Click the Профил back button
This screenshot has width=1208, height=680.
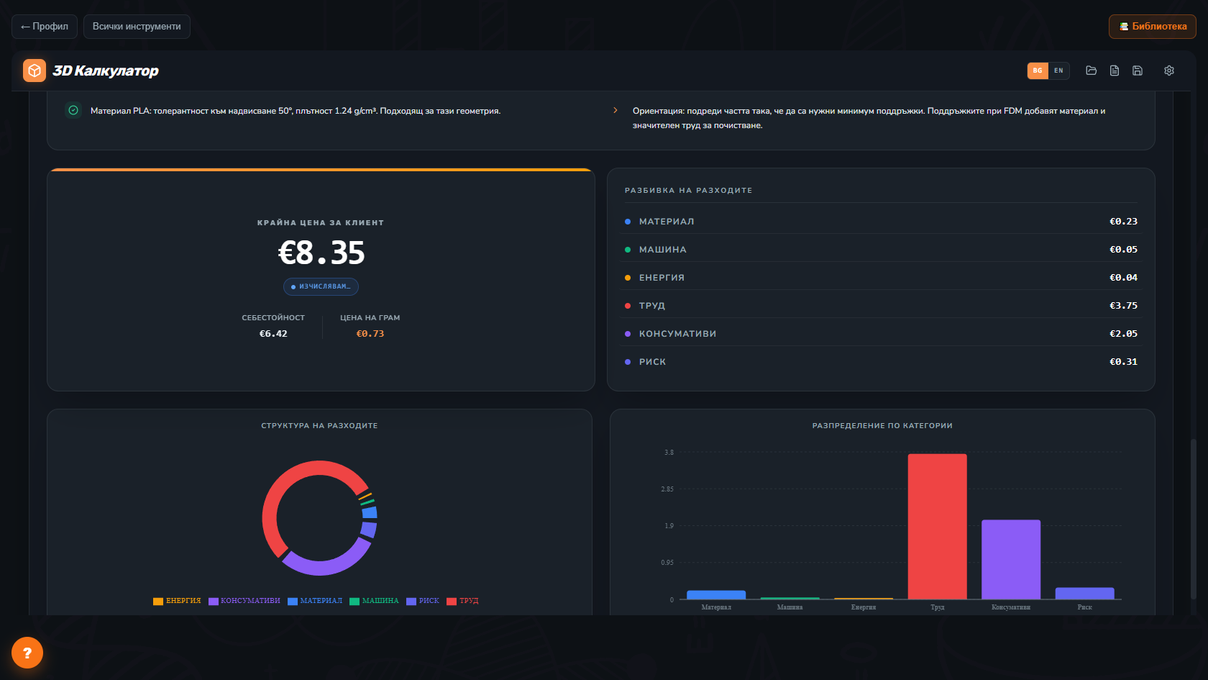pyautogui.click(x=45, y=27)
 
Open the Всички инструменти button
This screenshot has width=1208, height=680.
pyautogui.click(x=137, y=27)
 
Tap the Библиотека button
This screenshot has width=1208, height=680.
pyautogui.click(x=1153, y=27)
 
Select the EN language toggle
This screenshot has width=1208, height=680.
pyautogui.click(x=1058, y=71)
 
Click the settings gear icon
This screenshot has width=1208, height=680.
pyautogui.click(x=1169, y=71)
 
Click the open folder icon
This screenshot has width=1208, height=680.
pyautogui.click(x=1091, y=71)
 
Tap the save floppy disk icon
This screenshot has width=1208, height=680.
pyautogui.click(x=1138, y=71)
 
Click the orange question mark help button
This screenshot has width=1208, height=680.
pyautogui.click(x=27, y=653)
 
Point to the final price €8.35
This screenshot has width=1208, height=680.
pyautogui.click(x=321, y=253)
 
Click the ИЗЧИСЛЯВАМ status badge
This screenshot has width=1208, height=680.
pyautogui.click(x=321, y=286)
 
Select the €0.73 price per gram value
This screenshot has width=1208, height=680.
pyautogui.click(x=370, y=334)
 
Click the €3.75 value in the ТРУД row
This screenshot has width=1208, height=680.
pyautogui.click(x=1123, y=305)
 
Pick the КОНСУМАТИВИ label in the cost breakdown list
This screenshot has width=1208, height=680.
pyautogui.click(x=678, y=334)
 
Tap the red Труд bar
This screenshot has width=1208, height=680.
pyautogui.click(x=938, y=526)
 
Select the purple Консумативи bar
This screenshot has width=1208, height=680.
pyautogui.click(x=1011, y=559)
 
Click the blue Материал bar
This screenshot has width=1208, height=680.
pyautogui.click(x=716, y=594)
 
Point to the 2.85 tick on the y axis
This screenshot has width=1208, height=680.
pyautogui.click(x=667, y=489)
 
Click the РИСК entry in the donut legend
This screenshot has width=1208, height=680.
pyautogui.click(x=423, y=601)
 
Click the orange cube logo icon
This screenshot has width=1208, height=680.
pyautogui.click(x=35, y=71)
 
